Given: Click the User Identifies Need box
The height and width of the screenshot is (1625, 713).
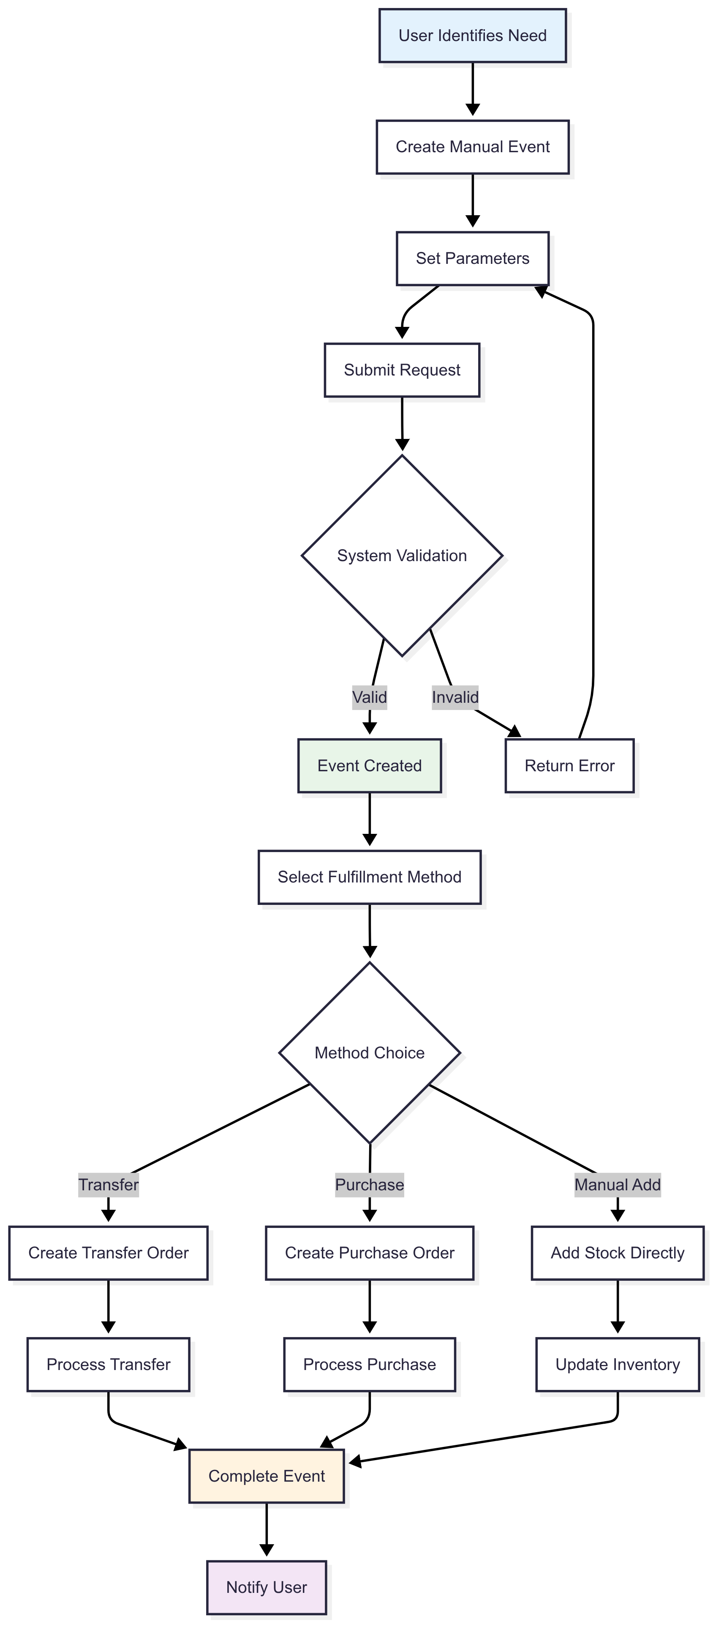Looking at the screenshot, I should pos(472,36).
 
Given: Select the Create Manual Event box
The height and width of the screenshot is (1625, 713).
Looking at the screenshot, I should pos(472,147).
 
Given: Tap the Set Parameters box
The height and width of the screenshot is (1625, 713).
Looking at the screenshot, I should pos(472,259).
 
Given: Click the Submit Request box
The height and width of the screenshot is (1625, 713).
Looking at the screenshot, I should pos(402,370).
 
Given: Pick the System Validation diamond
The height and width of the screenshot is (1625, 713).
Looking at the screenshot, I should pos(402,556).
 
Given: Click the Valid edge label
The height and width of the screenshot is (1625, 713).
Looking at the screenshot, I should pos(370,697).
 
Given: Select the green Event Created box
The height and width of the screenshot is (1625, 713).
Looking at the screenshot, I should pos(370,766).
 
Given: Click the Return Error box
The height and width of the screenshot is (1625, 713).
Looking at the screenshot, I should pos(569,766).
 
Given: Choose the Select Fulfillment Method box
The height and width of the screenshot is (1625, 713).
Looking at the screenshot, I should pos(370,877).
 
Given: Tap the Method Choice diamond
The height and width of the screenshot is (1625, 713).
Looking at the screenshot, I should pos(370,1053).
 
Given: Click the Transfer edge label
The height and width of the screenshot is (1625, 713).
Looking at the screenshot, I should pos(109,1185).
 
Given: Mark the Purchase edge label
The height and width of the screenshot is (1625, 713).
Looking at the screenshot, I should pos(370,1185).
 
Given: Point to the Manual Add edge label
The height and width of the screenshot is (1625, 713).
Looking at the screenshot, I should pos(617,1185).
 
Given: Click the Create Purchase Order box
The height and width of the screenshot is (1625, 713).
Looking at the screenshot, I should pos(370,1253).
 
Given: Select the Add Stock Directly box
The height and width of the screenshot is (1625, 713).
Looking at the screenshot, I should pos(617,1253).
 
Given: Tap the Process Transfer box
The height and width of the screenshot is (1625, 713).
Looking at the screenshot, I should pos(109,1365).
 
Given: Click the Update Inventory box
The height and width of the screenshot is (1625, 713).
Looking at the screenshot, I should pos(617,1365).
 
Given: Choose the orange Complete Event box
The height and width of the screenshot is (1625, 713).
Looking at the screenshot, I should pos(267,1476).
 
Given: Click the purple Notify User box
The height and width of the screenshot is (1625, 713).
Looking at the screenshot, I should pos(267,1587).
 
